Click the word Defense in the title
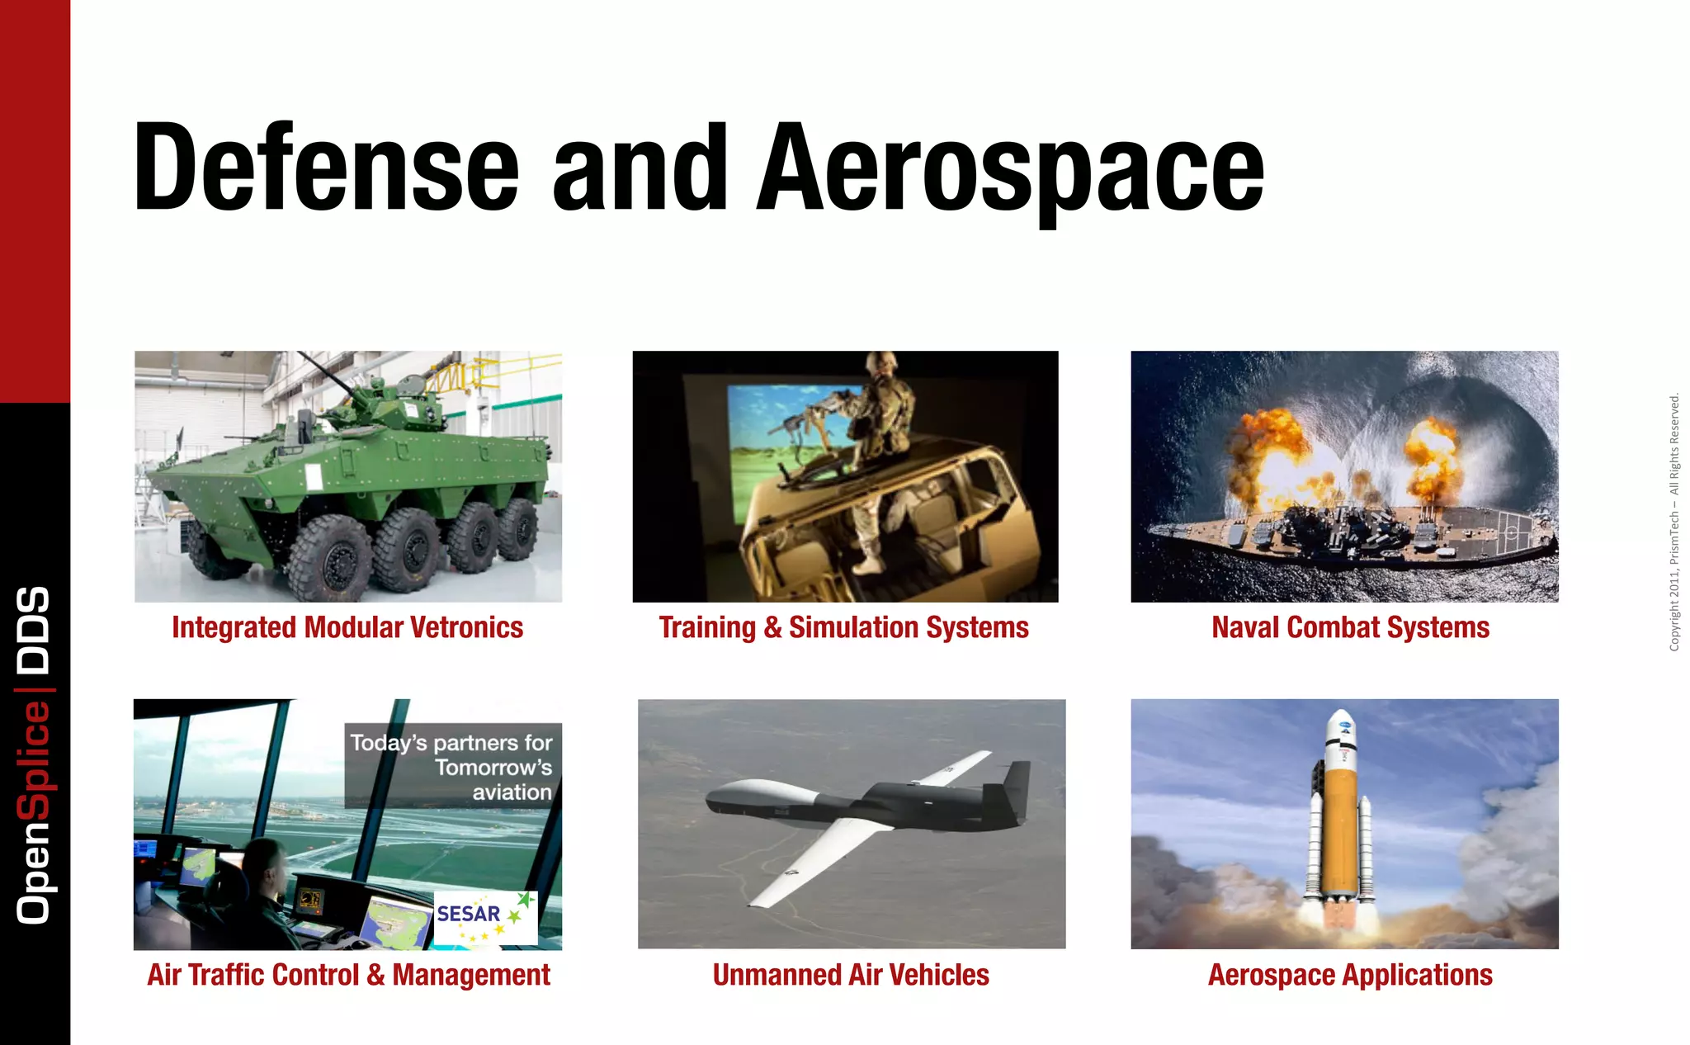[326, 168]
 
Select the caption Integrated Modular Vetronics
[347, 628]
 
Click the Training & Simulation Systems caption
[843, 628]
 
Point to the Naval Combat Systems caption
[1350, 628]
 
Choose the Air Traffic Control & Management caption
[348, 976]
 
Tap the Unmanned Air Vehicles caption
[851, 976]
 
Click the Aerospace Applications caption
[1350, 976]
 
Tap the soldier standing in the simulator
[883, 437]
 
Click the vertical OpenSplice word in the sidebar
[34, 813]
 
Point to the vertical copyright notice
[1674, 522]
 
